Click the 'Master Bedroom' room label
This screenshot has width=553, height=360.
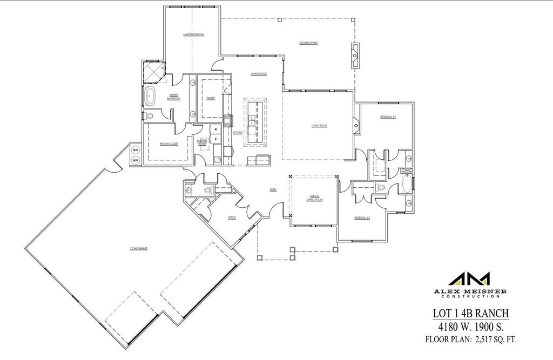(x=193, y=35)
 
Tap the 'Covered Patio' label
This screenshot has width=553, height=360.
(x=308, y=43)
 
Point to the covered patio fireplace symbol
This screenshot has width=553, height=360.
(x=355, y=55)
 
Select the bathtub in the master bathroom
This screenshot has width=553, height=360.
(x=150, y=98)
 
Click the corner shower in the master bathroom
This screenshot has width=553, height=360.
(x=153, y=70)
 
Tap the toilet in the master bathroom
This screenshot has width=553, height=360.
(x=151, y=115)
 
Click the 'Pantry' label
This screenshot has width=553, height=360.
(x=211, y=98)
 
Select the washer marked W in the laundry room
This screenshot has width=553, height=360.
(x=214, y=130)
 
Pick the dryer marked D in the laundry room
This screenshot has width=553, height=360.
(x=214, y=139)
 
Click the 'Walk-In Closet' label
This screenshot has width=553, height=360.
(x=166, y=144)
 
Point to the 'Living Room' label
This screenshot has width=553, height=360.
(x=319, y=126)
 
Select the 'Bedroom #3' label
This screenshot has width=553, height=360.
(x=362, y=218)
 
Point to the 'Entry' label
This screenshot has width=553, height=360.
(x=273, y=189)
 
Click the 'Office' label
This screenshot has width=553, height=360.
(x=232, y=218)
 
